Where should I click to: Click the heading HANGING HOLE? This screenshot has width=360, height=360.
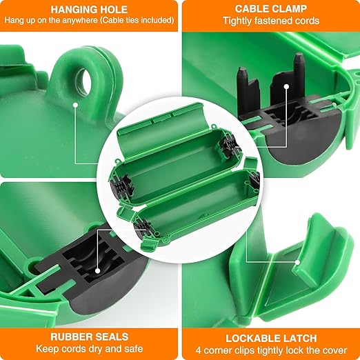point(89,10)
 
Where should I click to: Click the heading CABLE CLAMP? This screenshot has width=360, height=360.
point(270,10)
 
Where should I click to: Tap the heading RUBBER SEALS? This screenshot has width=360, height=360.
point(89,337)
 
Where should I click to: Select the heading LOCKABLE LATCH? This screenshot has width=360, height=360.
point(270,338)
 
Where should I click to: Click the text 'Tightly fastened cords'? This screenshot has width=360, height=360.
point(270,21)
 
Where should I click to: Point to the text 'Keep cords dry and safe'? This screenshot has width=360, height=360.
point(89,350)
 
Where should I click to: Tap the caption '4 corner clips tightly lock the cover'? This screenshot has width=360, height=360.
point(270,350)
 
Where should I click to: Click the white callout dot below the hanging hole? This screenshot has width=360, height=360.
point(76,106)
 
